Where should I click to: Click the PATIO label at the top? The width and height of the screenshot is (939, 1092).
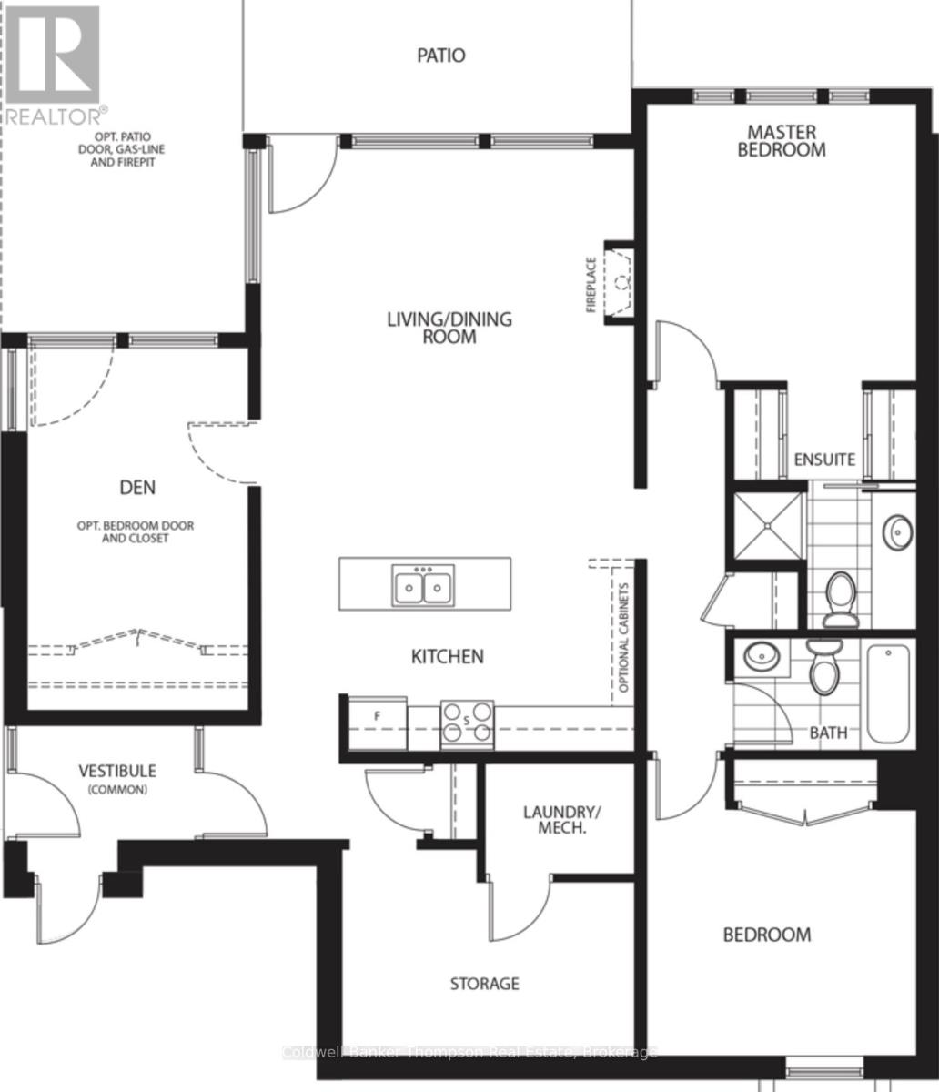coord(441,56)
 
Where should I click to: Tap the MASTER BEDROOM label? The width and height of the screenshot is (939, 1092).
coord(781,141)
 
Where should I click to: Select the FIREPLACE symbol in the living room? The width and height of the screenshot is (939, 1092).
coord(621,282)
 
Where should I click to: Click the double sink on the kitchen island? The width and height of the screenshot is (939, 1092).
coord(424,585)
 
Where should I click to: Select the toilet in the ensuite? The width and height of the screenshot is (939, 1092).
coord(840,601)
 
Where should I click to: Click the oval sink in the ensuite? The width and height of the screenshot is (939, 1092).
coord(899,530)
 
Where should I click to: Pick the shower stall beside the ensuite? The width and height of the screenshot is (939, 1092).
coord(769,526)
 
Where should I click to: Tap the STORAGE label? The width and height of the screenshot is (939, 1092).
coord(485,984)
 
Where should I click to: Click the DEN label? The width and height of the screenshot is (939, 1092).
coord(137,488)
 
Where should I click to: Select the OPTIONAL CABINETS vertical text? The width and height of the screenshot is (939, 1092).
coord(624,637)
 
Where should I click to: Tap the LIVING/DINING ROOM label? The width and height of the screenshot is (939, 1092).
coord(449,328)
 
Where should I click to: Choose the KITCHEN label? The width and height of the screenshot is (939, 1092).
coord(447,656)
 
